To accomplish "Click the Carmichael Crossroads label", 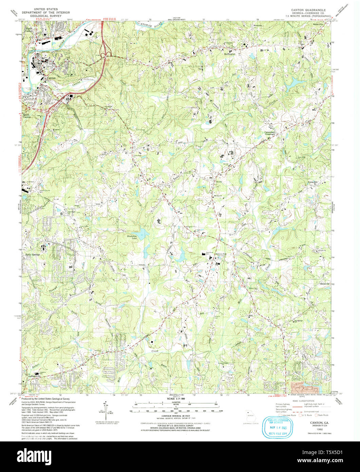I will click(272, 133).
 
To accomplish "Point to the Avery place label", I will click(219, 181).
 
